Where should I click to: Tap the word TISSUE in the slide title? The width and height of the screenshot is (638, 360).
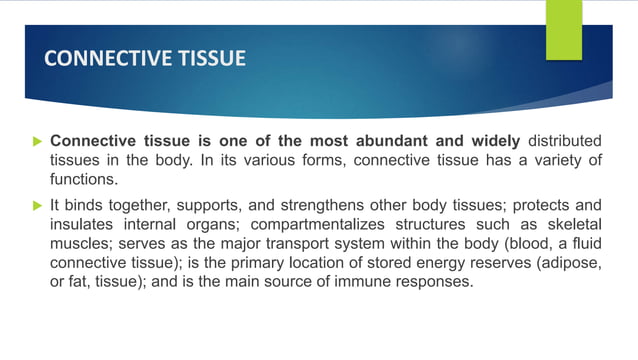point(207,59)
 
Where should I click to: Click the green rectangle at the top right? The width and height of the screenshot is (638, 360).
point(564,29)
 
